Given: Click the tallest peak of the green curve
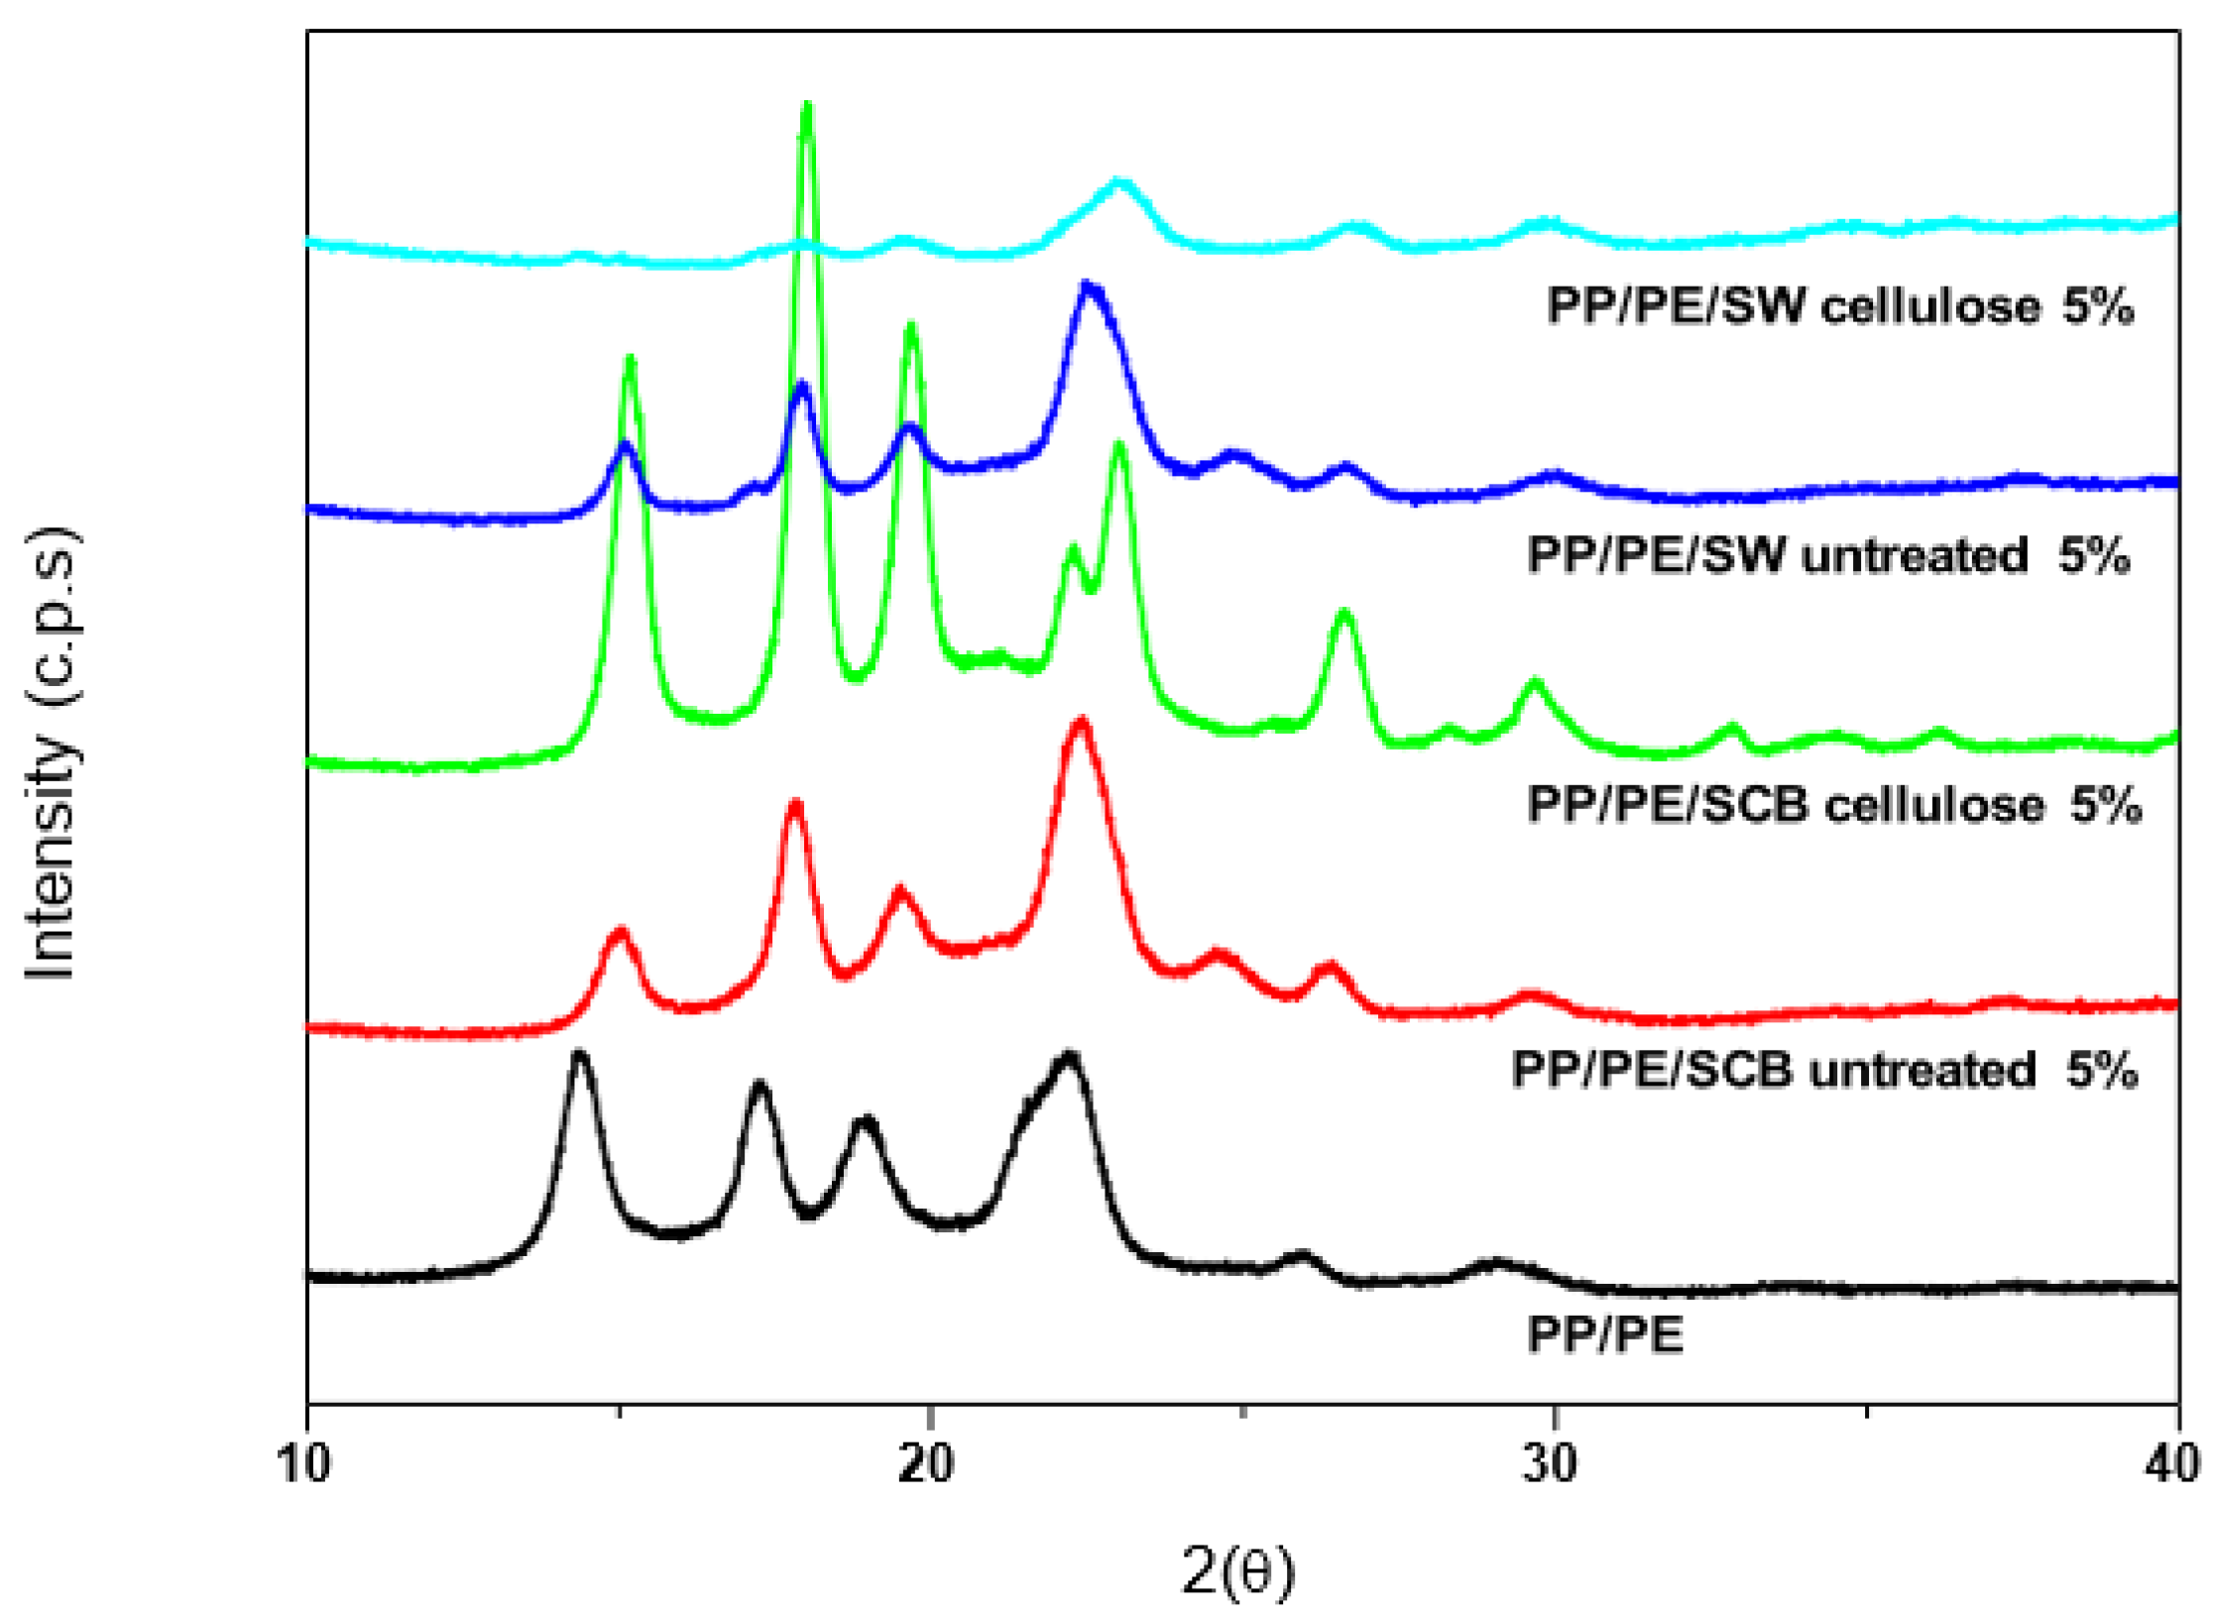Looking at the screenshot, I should (807, 108).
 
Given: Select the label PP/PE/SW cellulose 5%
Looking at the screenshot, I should (1839, 306).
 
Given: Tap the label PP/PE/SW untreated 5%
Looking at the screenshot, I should (1827, 555).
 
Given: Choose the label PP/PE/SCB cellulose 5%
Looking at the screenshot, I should (1833, 804).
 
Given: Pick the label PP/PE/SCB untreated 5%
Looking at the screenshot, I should (1823, 1070).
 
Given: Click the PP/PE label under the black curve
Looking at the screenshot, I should (1605, 1334).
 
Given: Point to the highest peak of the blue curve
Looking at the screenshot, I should (1089, 289).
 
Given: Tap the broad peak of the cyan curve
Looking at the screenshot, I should (1120, 185).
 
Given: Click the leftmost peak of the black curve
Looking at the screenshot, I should (580, 1056).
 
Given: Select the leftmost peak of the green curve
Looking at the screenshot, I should (630, 362).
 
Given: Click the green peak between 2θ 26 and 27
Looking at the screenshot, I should (1344, 615).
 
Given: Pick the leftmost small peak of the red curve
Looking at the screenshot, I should (621, 934).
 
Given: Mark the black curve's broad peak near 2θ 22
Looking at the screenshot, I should (1068, 1057).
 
